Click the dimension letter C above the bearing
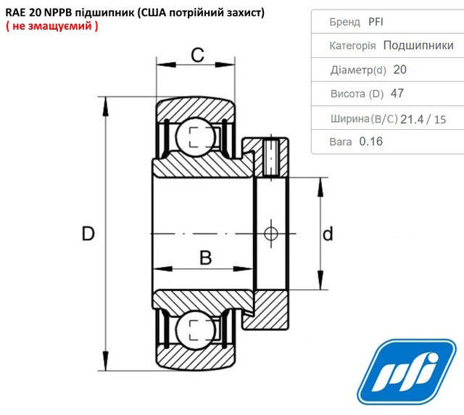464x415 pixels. [197, 55]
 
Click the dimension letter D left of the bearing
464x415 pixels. [88, 234]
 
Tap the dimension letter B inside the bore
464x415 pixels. [206, 258]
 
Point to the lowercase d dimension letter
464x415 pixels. [328, 234]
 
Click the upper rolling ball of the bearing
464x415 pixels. [195, 137]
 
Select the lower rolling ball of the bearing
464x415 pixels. [195, 330]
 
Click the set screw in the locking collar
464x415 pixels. [271, 157]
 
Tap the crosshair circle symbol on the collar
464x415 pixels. [270, 234]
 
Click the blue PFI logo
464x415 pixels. [407, 371]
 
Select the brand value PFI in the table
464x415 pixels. [376, 22]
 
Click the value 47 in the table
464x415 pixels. [397, 94]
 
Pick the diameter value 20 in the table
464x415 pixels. [399, 70]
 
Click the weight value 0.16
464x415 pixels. [370, 141]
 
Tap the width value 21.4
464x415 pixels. [412, 120]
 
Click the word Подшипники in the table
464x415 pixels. [418, 45]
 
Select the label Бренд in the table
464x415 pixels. [345, 22]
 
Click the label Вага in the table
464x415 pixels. [341, 142]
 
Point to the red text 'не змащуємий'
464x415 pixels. [52, 26]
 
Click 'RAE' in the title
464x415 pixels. [16, 13]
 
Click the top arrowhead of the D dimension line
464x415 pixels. [105, 107]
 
